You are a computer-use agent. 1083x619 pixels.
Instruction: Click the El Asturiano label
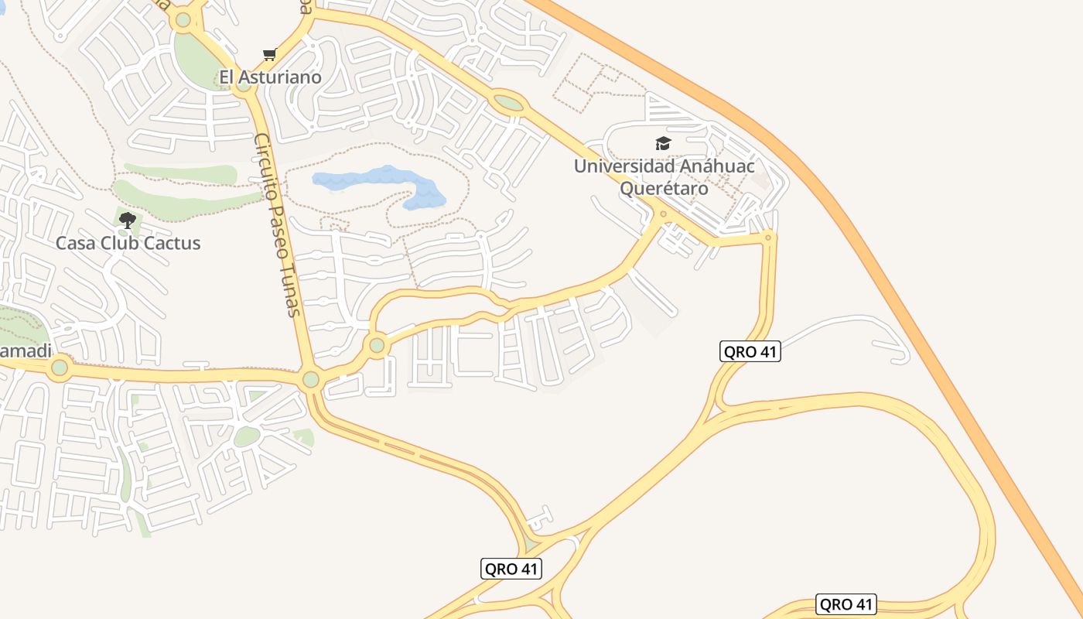270,77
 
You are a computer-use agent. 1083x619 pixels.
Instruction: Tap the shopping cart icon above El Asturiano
269,54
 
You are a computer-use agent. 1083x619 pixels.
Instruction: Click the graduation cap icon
663,143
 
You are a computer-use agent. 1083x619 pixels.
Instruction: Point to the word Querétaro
664,189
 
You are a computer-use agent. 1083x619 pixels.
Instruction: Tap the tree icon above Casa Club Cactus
128,221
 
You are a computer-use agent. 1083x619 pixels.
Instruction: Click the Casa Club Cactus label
128,243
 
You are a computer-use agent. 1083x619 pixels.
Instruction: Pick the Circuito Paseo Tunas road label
277,224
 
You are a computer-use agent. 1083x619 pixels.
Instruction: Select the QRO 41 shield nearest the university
750,351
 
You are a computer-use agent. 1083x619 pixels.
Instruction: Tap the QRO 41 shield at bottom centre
511,569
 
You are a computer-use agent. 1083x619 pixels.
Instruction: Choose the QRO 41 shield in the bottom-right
846,604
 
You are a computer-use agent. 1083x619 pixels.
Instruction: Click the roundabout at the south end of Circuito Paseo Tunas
311,379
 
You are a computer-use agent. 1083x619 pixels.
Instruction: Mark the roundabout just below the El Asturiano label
244,85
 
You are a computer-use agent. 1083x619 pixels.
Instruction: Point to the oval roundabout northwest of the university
508,102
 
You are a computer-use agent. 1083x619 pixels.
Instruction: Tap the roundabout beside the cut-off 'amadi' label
60,368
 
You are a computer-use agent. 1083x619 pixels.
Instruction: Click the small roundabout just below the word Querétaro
663,214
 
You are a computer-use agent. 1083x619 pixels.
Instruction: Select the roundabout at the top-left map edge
183,20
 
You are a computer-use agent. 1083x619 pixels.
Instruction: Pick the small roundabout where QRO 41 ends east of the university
767,238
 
